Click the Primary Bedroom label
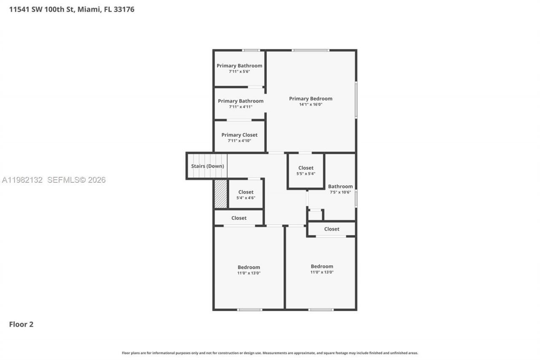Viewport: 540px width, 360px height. (x=310, y=98)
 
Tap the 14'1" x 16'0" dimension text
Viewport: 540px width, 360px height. (x=310, y=105)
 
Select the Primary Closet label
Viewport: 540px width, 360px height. (x=239, y=135)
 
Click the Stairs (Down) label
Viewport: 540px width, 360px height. (x=207, y=166)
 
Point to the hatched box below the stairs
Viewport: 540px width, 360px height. (x=221, y=194)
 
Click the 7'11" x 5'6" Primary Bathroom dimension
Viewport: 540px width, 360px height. (x=239, y=72)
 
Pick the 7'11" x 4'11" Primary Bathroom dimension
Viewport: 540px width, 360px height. (x=240, y=107)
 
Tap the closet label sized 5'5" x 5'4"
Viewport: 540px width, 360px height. (x=306, y=168)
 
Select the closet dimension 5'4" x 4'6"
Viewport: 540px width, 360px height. (x=246, y=198)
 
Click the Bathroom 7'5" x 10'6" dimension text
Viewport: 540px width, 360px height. (x=340, y=192)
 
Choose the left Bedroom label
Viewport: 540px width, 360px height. (x=248, y=267)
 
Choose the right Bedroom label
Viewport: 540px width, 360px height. (x=322, y=266)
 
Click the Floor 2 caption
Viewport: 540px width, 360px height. (x=21, y=324)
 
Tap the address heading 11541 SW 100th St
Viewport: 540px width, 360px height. (x=72, y=9)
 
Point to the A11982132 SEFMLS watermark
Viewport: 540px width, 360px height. (x=54, y=180)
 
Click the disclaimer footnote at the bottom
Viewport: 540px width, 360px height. (x=270, y=353)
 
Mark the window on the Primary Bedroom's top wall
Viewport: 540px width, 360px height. (x=310, y=50)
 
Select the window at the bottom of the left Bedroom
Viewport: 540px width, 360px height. (x=250, y=310)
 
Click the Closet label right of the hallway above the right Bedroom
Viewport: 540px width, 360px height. (x=332, y=229)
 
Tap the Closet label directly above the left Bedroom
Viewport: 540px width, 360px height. (x=239, y=218)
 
